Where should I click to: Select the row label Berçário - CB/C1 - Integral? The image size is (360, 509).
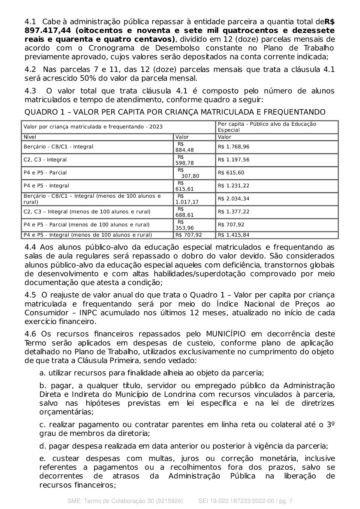coord(58,147)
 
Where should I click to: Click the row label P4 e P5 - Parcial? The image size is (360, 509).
coord(45,173)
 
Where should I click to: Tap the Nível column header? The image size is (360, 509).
coord(30,137)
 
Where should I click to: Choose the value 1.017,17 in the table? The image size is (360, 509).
coord(187,202)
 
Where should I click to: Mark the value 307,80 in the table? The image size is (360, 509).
coord(190,176)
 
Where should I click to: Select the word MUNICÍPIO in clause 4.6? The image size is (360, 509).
coord(226,334)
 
